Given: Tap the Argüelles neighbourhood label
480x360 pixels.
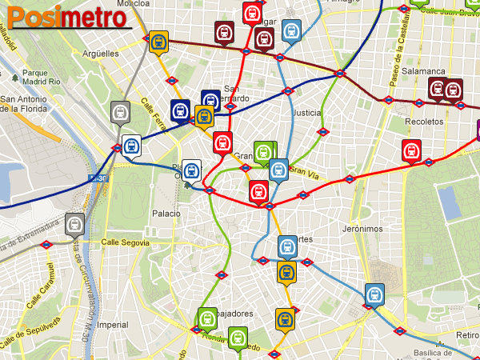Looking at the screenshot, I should click(101, 54).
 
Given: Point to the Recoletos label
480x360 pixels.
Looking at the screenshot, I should click(424, 121).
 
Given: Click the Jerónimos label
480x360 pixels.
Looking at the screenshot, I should click(361, 229).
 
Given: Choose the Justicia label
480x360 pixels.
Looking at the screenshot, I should click(307, 113).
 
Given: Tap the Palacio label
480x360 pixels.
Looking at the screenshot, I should click(166, 214).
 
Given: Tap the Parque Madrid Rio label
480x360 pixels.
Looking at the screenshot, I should click(41, 77).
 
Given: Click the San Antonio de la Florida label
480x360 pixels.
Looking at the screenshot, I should click(30, 105).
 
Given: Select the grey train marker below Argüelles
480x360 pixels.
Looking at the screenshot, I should click(121, 112).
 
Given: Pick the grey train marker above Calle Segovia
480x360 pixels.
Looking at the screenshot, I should click(74, 223).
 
